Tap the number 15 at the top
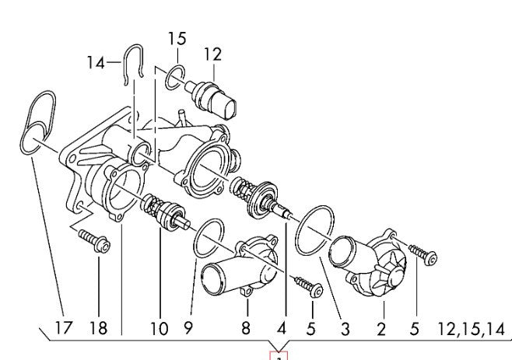point(177,37)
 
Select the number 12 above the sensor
point(212,54)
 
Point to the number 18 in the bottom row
point(100,328)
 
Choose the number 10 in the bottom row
point(158,328)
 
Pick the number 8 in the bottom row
point(245,328)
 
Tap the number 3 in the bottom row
point(344,328)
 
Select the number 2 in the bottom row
point(381,328)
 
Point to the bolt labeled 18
point(95,241)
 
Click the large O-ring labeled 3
point(315,230)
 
